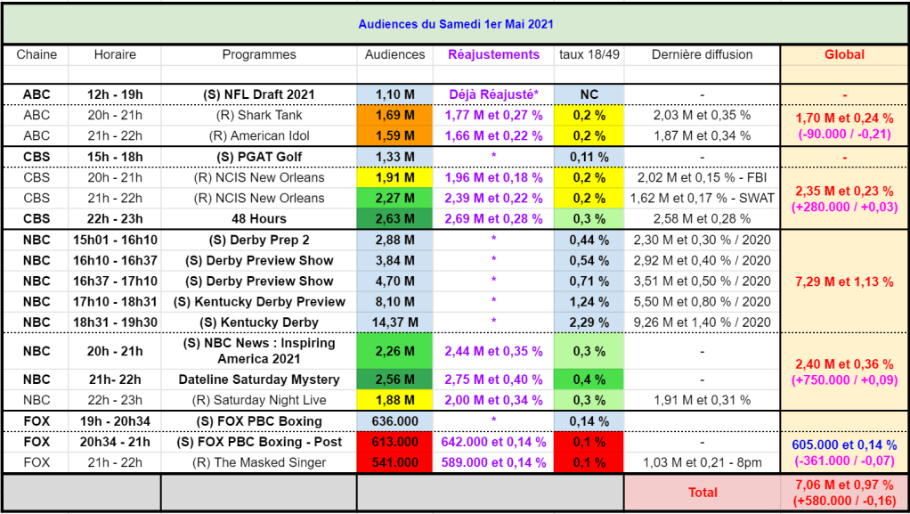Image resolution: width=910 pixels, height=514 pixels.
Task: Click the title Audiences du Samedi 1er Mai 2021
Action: coord(455,24)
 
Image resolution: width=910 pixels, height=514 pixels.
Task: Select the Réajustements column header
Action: coord(493,54)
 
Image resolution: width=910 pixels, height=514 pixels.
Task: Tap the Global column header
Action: coord(844,54)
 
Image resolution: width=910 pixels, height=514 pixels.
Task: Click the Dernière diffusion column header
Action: coord(702,54)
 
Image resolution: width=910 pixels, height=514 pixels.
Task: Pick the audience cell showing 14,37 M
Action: coord(394,322)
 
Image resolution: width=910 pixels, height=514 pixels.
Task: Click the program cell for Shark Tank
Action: coord(259,115)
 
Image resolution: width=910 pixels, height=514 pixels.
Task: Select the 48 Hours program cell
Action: coord(259,218)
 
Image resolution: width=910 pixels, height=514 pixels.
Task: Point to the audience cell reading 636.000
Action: coord(394,421)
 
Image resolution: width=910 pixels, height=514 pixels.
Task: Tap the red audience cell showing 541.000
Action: coord(394,462)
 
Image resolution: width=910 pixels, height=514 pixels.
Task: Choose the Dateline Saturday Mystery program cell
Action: coord(259,379)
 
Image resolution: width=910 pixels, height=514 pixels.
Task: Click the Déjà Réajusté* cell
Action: coord(493,94)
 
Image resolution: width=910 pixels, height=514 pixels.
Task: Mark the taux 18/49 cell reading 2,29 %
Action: coord(589,322)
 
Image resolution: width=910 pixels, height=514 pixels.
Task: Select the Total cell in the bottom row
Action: coord(703,492)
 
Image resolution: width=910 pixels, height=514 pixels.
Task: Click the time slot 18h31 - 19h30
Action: coord(114,322)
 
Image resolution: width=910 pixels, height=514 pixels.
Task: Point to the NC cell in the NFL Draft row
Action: coord(589,94)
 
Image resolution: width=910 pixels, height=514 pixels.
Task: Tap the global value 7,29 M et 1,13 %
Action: coord(844,281)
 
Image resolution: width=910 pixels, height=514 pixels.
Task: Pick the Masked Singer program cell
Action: coord(259,462)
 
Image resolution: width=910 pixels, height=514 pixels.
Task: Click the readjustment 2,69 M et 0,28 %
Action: coord(493,218)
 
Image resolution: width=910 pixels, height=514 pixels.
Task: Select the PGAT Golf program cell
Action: coord(259,157)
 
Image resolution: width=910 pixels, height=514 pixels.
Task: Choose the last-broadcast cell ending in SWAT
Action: coord(702,198)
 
